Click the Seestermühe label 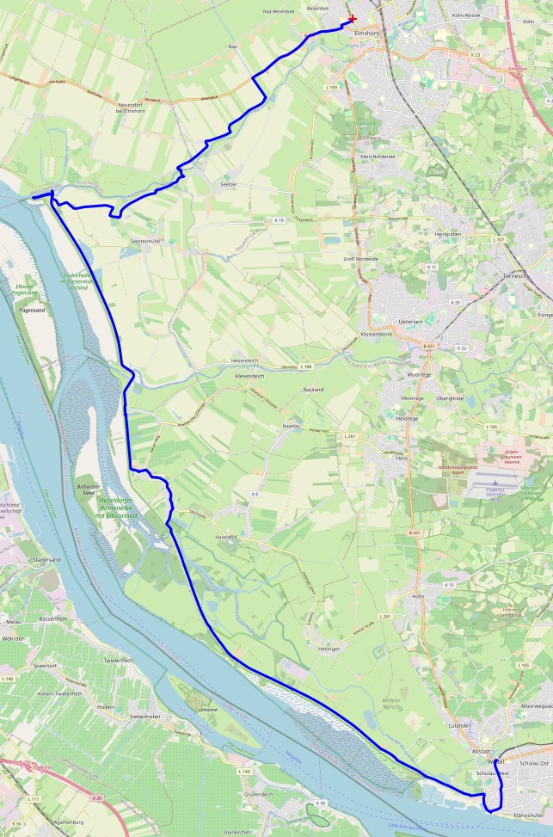point(144,242)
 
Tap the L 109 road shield point(332,87)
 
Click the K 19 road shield point(279,220)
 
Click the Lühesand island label point(207,710)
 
